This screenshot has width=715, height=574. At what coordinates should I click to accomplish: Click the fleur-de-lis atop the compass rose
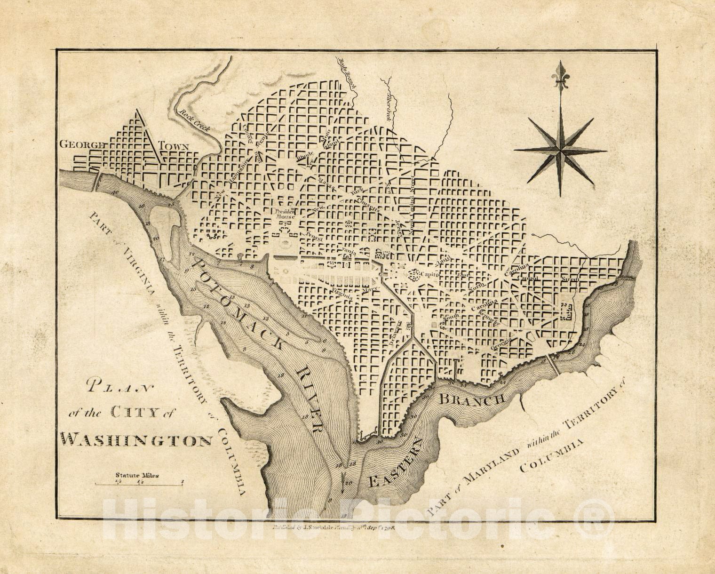(x=560, y=75)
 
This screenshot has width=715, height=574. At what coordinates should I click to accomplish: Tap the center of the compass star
(x=560, y=151)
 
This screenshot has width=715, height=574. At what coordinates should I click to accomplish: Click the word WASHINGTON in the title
(x=137, y=440)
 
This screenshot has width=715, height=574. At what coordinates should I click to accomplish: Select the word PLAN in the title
(x=120, y=388)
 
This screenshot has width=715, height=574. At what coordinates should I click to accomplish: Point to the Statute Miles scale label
(x=137, y=475)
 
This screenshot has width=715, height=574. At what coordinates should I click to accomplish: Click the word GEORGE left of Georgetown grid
(x=81, y=145)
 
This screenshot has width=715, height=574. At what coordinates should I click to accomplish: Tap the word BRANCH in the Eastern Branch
(x=472, y=400)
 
